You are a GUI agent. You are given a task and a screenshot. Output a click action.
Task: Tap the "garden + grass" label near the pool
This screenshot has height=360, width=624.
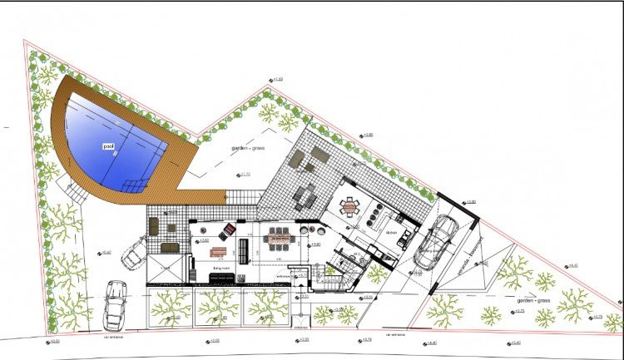[250, 150]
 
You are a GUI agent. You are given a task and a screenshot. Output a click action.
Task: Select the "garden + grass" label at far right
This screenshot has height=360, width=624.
[532, 300]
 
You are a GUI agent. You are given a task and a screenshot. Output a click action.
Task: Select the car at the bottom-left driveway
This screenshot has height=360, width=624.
[114, 306]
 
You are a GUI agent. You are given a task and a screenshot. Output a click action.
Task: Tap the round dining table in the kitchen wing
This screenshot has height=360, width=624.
[349, 205]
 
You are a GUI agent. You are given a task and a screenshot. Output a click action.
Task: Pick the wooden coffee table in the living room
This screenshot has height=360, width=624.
[219, 251]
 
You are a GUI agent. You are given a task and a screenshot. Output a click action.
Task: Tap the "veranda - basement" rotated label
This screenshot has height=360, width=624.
[467, 257]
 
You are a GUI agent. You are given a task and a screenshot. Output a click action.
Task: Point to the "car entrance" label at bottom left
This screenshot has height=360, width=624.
[113, 338]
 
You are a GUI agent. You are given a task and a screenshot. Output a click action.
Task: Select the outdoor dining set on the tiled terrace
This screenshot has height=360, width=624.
[305, 195]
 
